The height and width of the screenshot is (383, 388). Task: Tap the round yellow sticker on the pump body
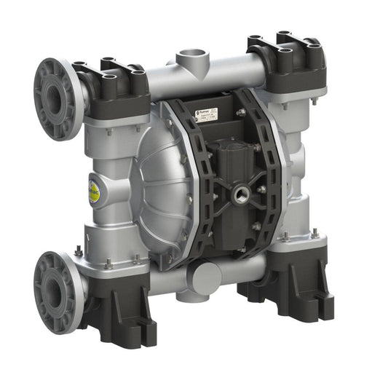(x=95, y=188)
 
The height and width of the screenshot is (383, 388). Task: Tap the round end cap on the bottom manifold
(x=207, y=277)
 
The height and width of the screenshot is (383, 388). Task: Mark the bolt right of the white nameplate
(x=240, y=113)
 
